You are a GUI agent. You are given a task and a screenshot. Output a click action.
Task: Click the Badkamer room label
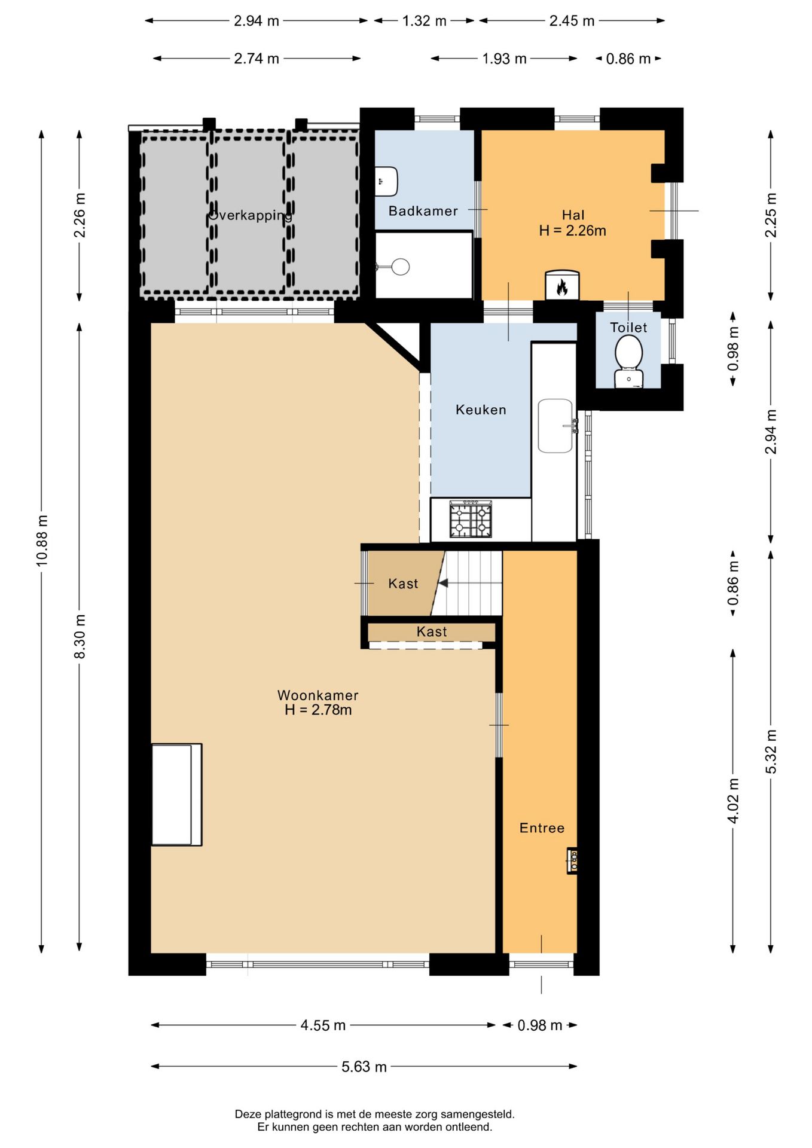(423, 211)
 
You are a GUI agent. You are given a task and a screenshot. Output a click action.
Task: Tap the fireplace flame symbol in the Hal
(562, 288)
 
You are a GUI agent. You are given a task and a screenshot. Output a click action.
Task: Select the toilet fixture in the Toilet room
(628, 362)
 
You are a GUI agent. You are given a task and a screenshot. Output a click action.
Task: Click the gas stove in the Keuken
(471, 519)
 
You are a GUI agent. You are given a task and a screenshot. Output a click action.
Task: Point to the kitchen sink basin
(555, 426)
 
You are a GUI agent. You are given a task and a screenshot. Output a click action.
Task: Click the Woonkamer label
(318, 695)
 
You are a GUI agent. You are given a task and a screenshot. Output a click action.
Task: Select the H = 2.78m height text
(318, 710)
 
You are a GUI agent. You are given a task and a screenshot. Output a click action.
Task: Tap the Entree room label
(542, 828)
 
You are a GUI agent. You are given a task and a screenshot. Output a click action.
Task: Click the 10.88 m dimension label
(42, 540)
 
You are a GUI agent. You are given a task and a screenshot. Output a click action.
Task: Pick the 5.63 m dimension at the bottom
(364, 1067)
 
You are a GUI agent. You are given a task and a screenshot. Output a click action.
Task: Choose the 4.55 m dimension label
(323, 1025)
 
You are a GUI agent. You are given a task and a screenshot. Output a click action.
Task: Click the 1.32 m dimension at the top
(424, 21)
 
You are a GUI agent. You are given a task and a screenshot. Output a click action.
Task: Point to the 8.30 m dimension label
(80, 636)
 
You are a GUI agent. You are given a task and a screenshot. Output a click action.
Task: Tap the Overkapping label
(251, 215)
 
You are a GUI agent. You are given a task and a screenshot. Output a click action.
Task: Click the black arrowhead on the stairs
(443, 583)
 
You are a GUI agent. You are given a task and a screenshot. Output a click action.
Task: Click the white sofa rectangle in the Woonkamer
(176, 795)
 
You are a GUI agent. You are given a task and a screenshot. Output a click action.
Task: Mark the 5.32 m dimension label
(771, 752)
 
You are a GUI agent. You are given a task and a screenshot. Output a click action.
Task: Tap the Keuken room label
(481, 410)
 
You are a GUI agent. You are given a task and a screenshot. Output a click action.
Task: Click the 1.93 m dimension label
(504, 59)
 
